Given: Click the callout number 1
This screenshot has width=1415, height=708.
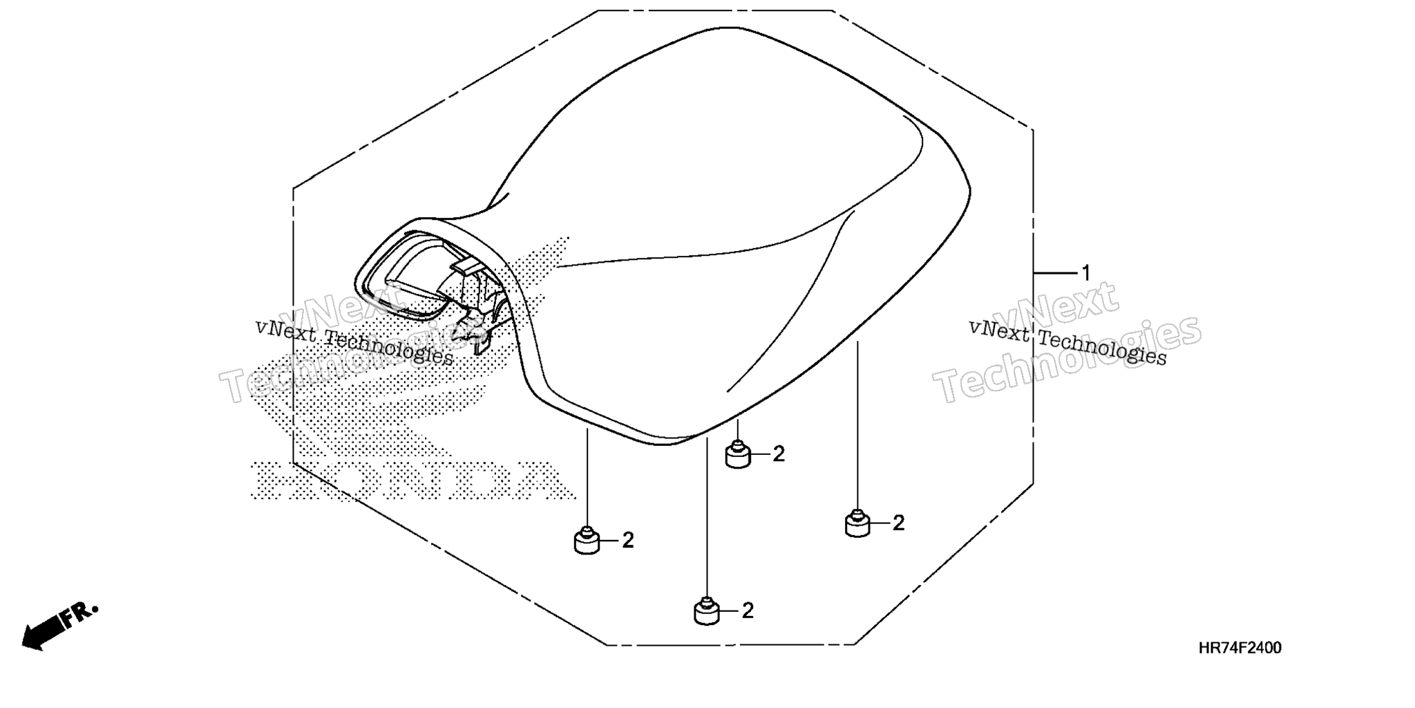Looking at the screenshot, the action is [1085, 274].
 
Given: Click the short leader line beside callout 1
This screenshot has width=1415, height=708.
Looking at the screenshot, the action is [1056, 274].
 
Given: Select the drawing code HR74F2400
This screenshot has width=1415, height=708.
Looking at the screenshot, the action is [1240, 649].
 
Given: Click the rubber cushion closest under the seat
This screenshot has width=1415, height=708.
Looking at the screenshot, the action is [738, 456].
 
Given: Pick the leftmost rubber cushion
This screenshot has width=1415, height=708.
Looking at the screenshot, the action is [587, 541].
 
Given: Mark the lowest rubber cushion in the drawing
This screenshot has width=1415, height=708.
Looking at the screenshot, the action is [706, 612].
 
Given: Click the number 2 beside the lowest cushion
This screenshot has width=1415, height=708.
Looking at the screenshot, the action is [748, 611].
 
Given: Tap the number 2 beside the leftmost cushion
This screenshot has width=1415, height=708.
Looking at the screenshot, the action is [628, 541].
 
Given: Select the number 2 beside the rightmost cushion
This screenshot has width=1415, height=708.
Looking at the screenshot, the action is [898, 523].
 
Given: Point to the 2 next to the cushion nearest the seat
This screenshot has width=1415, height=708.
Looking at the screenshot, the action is [779, 455].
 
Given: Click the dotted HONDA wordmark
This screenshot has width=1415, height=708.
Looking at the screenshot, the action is [412, 481].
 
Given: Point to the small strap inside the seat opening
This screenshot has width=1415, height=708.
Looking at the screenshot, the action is [466, 265].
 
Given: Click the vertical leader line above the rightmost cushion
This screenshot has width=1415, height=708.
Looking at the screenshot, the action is [857, 425].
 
